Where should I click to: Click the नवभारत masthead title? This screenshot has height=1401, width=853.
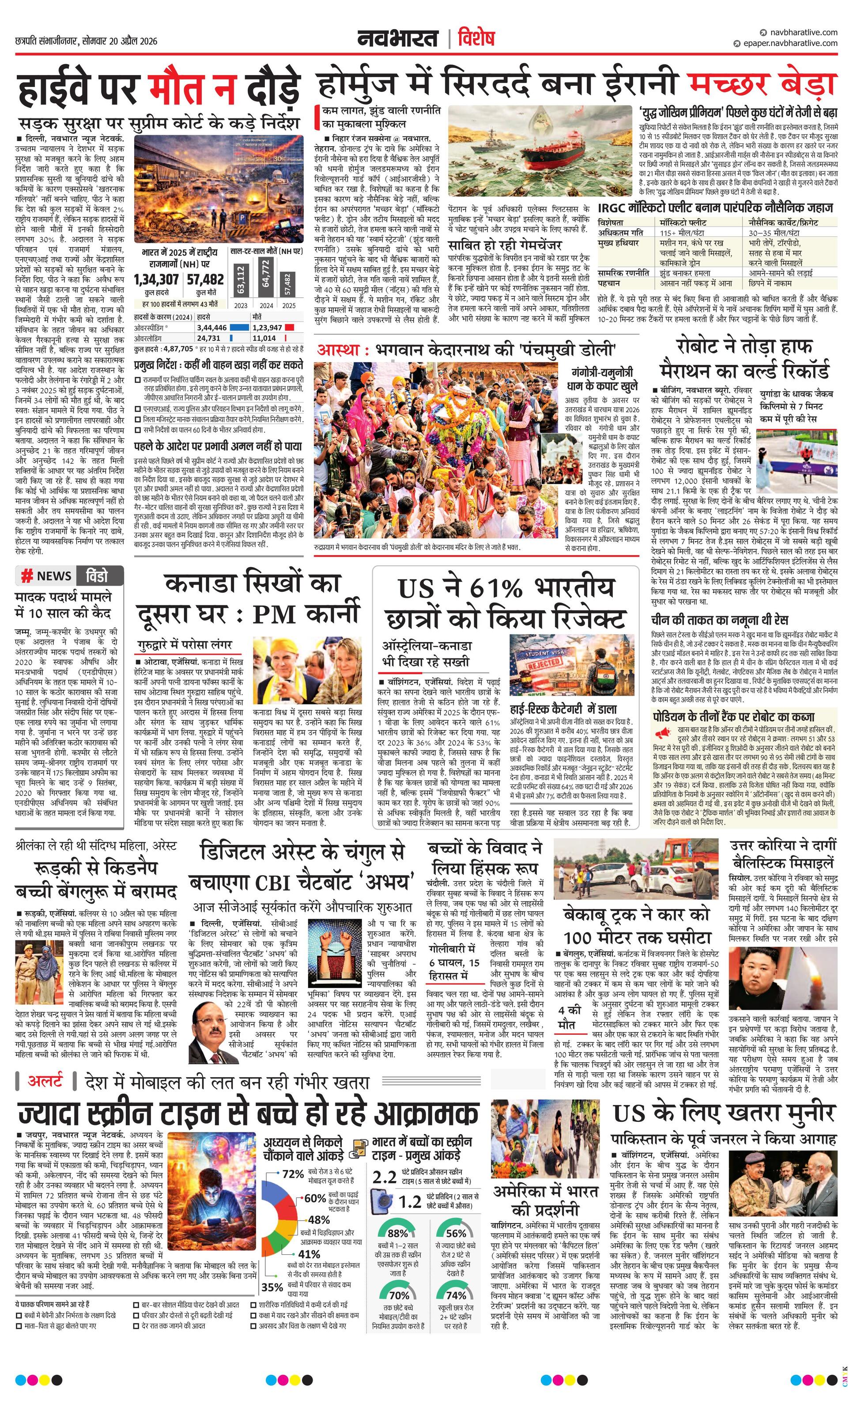397,39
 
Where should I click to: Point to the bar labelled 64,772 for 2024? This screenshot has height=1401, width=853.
265,275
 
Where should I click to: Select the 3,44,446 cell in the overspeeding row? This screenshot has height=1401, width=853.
212,328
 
